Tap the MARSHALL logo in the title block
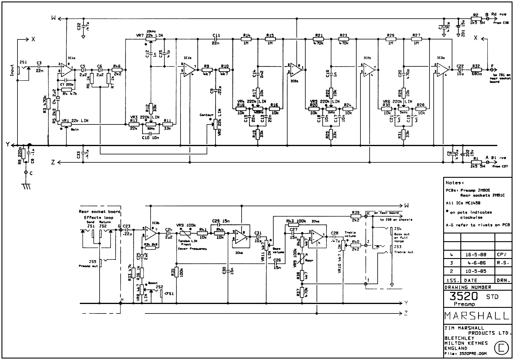coord(477,316)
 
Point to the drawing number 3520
coord(464,296)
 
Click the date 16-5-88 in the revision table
coord(475,255)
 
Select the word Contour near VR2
coord(206,115)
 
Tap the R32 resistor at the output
coord(476,70)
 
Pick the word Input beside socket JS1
coord(12,70)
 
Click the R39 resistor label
coord(356,212)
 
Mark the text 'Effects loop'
coord(98,217)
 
